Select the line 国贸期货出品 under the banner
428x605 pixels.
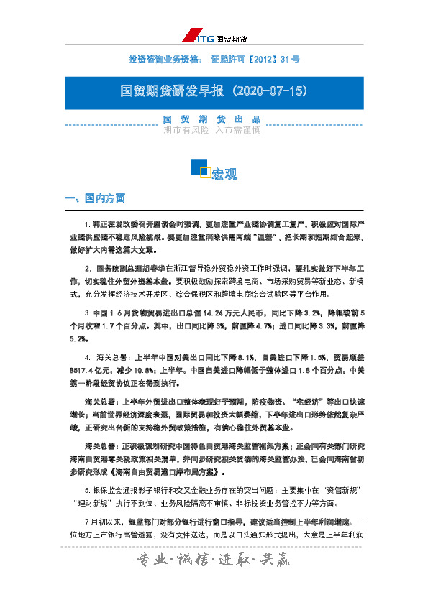[x=213, y=119]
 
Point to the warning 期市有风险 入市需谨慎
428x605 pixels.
[x=213, y=130]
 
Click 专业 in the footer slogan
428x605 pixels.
[x=147, y=559]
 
